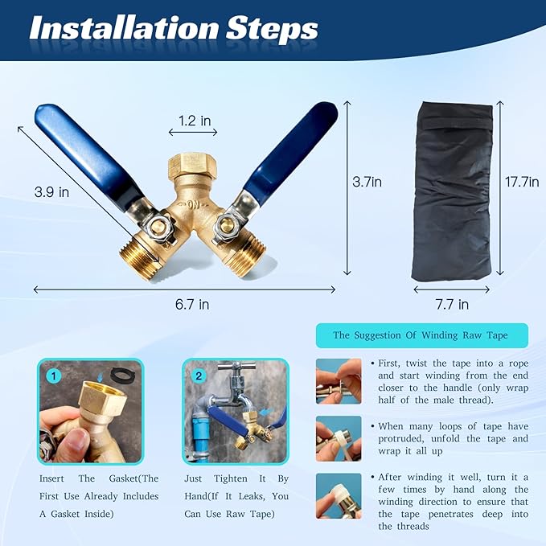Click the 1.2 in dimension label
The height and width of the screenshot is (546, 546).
(194, 121)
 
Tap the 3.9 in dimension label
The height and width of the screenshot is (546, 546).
(52, 192)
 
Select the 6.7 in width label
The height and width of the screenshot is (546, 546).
(192, 304)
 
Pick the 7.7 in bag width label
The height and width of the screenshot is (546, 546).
(451, 304)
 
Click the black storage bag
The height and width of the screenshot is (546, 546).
(452, 189)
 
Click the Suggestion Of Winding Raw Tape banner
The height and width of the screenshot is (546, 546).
(421, 335)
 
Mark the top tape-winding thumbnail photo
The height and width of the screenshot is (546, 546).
(338, 380)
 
